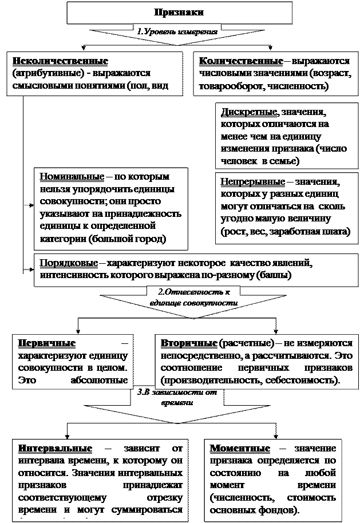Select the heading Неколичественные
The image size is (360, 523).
[59, 61]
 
